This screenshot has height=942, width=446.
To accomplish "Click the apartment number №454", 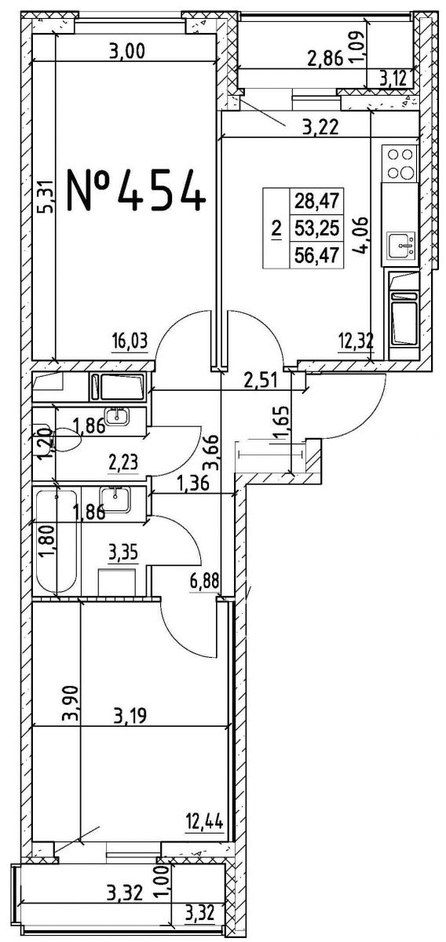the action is (137, 190).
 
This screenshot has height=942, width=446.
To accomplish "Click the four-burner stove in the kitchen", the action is (400, 163).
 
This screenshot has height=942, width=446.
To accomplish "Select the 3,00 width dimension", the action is (126, 52).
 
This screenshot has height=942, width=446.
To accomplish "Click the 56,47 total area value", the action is (316, 255).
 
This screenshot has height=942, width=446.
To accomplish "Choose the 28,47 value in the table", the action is (316, 202).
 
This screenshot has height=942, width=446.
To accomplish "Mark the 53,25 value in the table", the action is (316, 228).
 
